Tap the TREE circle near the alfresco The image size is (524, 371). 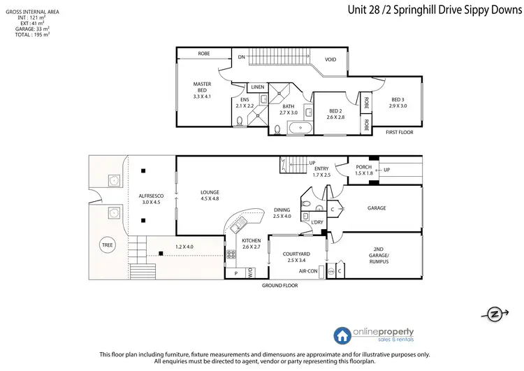tap(107, 245)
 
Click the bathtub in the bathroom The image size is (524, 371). tap(301, 128)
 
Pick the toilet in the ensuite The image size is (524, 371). tap(240, 121)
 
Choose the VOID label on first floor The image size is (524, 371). tap(330, 59)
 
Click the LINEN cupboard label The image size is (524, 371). tap(258, 87)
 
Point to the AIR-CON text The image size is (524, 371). tap(309, 270)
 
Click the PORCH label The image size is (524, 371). tap(364, 167)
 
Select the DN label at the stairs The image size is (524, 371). tap(241, 57)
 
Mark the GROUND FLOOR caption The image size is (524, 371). tap(280, 286)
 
